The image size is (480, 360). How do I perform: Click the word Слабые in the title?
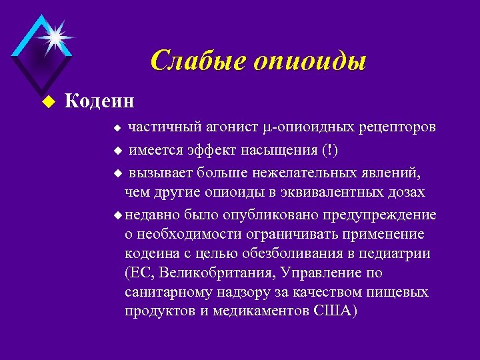click(194, 61)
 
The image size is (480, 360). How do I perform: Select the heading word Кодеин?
click(99, 101)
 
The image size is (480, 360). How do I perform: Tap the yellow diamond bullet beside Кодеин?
click(46, 102)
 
